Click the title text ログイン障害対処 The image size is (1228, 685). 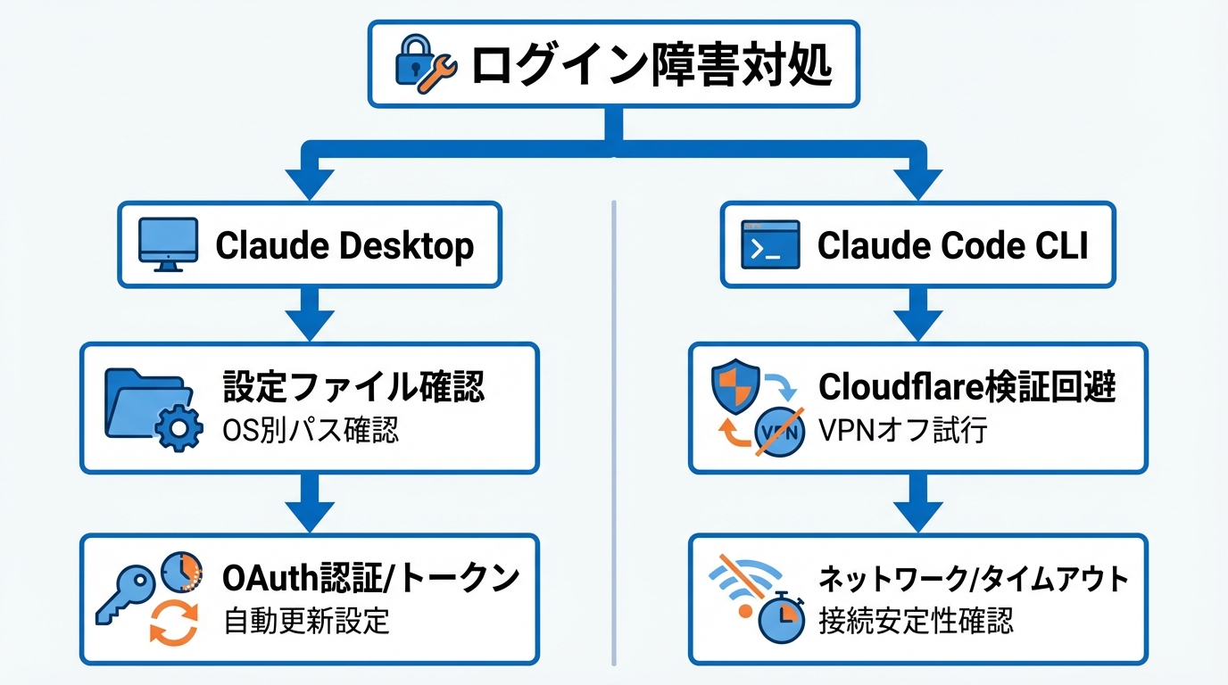point(651,65)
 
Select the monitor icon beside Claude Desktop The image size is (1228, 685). point(168,243)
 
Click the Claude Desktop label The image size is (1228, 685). point(344,245)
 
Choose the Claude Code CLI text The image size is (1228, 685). point(952,245)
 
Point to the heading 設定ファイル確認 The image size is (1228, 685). point(353,389)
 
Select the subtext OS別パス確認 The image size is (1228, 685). point(311,431)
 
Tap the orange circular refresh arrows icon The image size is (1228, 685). point(173,622)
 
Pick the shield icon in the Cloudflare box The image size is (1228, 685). point(734,385)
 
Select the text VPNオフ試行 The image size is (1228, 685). point(902,431)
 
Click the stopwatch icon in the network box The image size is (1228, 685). point(781,616)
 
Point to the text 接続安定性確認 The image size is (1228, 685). point(916,620)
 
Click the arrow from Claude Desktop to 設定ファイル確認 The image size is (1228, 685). point(310,315)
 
